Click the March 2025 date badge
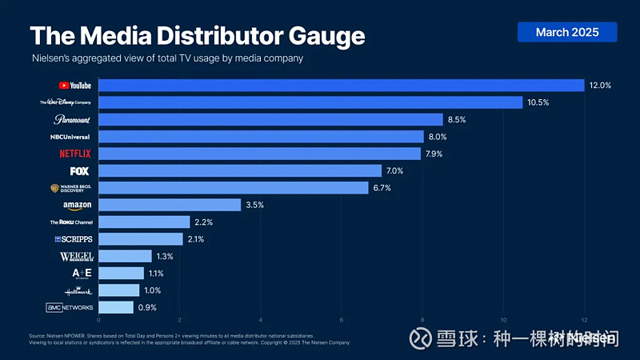(567, 32)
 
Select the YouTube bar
(342, 86)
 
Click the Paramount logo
(72, 120)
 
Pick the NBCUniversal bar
(261, 137)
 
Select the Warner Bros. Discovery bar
(234, 188)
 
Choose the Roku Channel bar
(144, 222)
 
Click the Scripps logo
(73, 239)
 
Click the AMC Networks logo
(70, 307)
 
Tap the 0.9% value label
(147, 307)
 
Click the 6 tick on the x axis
(342, 321)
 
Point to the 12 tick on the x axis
(584, 321)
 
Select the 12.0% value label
(601, 86)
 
